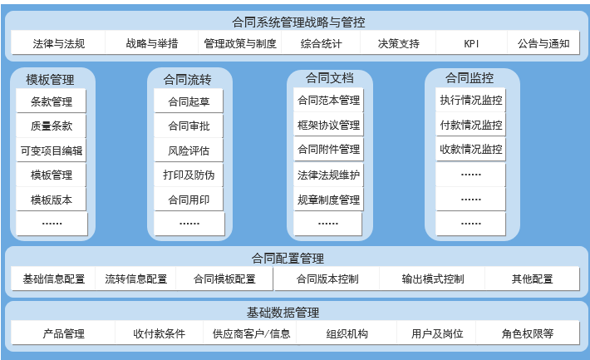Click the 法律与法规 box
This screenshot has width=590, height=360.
pyautogui.click(x=58, y=43)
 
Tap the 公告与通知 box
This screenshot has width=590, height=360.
pyautogui.click(x=543, y=43)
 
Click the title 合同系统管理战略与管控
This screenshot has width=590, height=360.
pyautogui.click(x=298, y=22)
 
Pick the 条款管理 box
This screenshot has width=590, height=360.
pyautogui.click(x=52, y=102)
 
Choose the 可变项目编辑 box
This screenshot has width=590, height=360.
pyautogui.click(x=52, y=150)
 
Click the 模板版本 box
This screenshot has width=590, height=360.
pyautogui.click(x=52, y=200)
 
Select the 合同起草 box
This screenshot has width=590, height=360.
pyautogui.click(x=189, y=102)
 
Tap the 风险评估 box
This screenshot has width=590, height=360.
pyautogui.click(x=189, y=150)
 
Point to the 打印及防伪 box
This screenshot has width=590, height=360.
pyautogui.click(x=189, y=175)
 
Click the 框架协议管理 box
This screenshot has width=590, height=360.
pyautogui.click(x=328, y=126)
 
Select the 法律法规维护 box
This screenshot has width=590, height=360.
pyautogui.click(x=328, y=175)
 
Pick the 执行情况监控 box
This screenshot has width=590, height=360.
pyautogui.click(x=471, y=101)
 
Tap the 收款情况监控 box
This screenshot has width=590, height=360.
pyautogui.click(x=471, y=150)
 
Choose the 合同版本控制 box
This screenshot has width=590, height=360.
pyautogui.click(x=327, y=279)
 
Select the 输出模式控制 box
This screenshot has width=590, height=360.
pyautogui.click(x=432, y=279)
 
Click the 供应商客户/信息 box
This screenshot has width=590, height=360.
pyautogui.click(x=251, y=334)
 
